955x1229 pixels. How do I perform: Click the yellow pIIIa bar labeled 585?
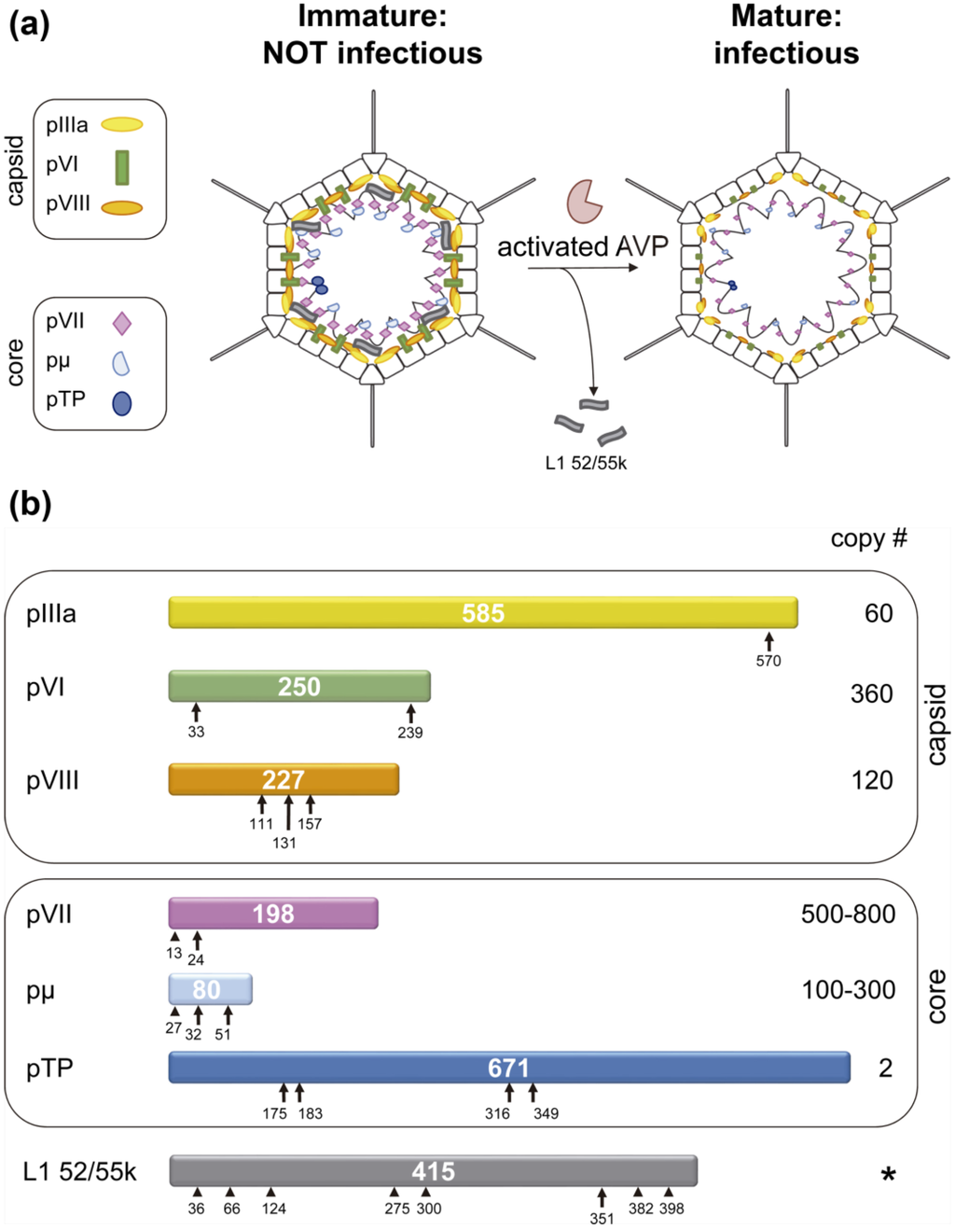pos(483,612)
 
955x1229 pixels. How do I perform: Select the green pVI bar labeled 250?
pos(299,686)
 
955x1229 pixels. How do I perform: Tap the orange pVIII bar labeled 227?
pos(284,779)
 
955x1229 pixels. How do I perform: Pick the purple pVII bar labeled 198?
pos(273,914)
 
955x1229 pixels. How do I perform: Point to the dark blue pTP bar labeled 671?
pos(509,1068)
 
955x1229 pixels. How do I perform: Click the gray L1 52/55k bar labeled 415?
pos(434,1171)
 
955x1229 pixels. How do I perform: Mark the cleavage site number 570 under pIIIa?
pos(768,661)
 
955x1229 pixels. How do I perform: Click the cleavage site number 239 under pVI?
pos(410,733)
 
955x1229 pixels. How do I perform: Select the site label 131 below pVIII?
pos(284,843)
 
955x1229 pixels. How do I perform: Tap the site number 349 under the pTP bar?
pos(546,1113)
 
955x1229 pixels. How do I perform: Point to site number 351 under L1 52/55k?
pos(602,1219)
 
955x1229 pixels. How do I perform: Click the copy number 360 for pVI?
pos(871,693)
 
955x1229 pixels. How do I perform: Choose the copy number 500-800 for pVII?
pos(848,915)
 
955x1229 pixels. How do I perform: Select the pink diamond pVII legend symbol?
pos(121,323)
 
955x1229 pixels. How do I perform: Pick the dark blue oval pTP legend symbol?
pos(121,403)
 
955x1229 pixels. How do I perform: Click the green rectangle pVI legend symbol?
pos(121,167)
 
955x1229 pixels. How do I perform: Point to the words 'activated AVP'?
pos(583,246)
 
